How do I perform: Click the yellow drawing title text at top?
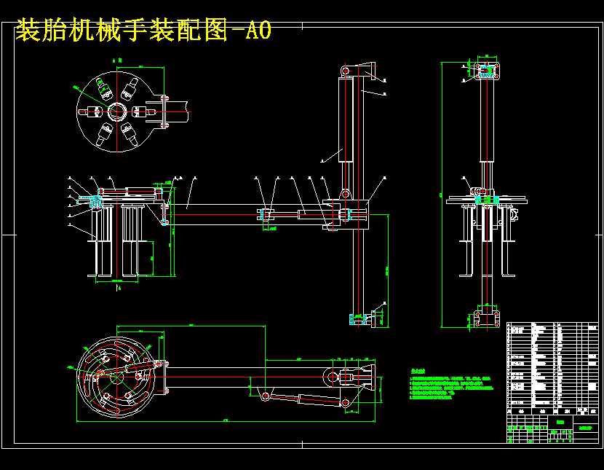143,31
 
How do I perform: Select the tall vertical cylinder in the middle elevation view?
346,120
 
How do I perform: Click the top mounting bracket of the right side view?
485,70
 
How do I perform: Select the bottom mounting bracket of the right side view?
485,318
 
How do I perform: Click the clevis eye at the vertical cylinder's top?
345,69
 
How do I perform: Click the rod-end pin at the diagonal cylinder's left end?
265,396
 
